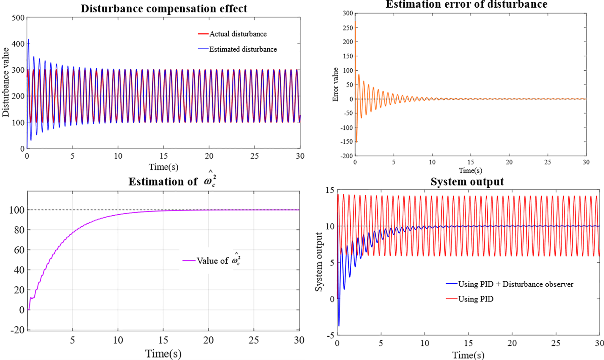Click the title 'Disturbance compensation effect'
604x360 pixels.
point(164,9)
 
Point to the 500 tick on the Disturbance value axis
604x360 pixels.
point(18,18)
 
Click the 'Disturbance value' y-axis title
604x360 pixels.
point(6,82)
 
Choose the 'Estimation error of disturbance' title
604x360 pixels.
point(466,4)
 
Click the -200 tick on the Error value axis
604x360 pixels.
point(347,156)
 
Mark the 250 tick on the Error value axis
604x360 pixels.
point(348,28)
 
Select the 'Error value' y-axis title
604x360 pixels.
point(335,85)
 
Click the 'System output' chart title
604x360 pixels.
point(467,182)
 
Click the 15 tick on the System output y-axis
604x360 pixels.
point(330,190)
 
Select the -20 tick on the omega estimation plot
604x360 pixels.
point(17,330)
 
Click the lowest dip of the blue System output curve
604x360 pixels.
point(339,326)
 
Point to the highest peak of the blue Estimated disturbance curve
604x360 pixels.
point(29,39)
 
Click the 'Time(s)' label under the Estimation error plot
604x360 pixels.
point(470,170)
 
